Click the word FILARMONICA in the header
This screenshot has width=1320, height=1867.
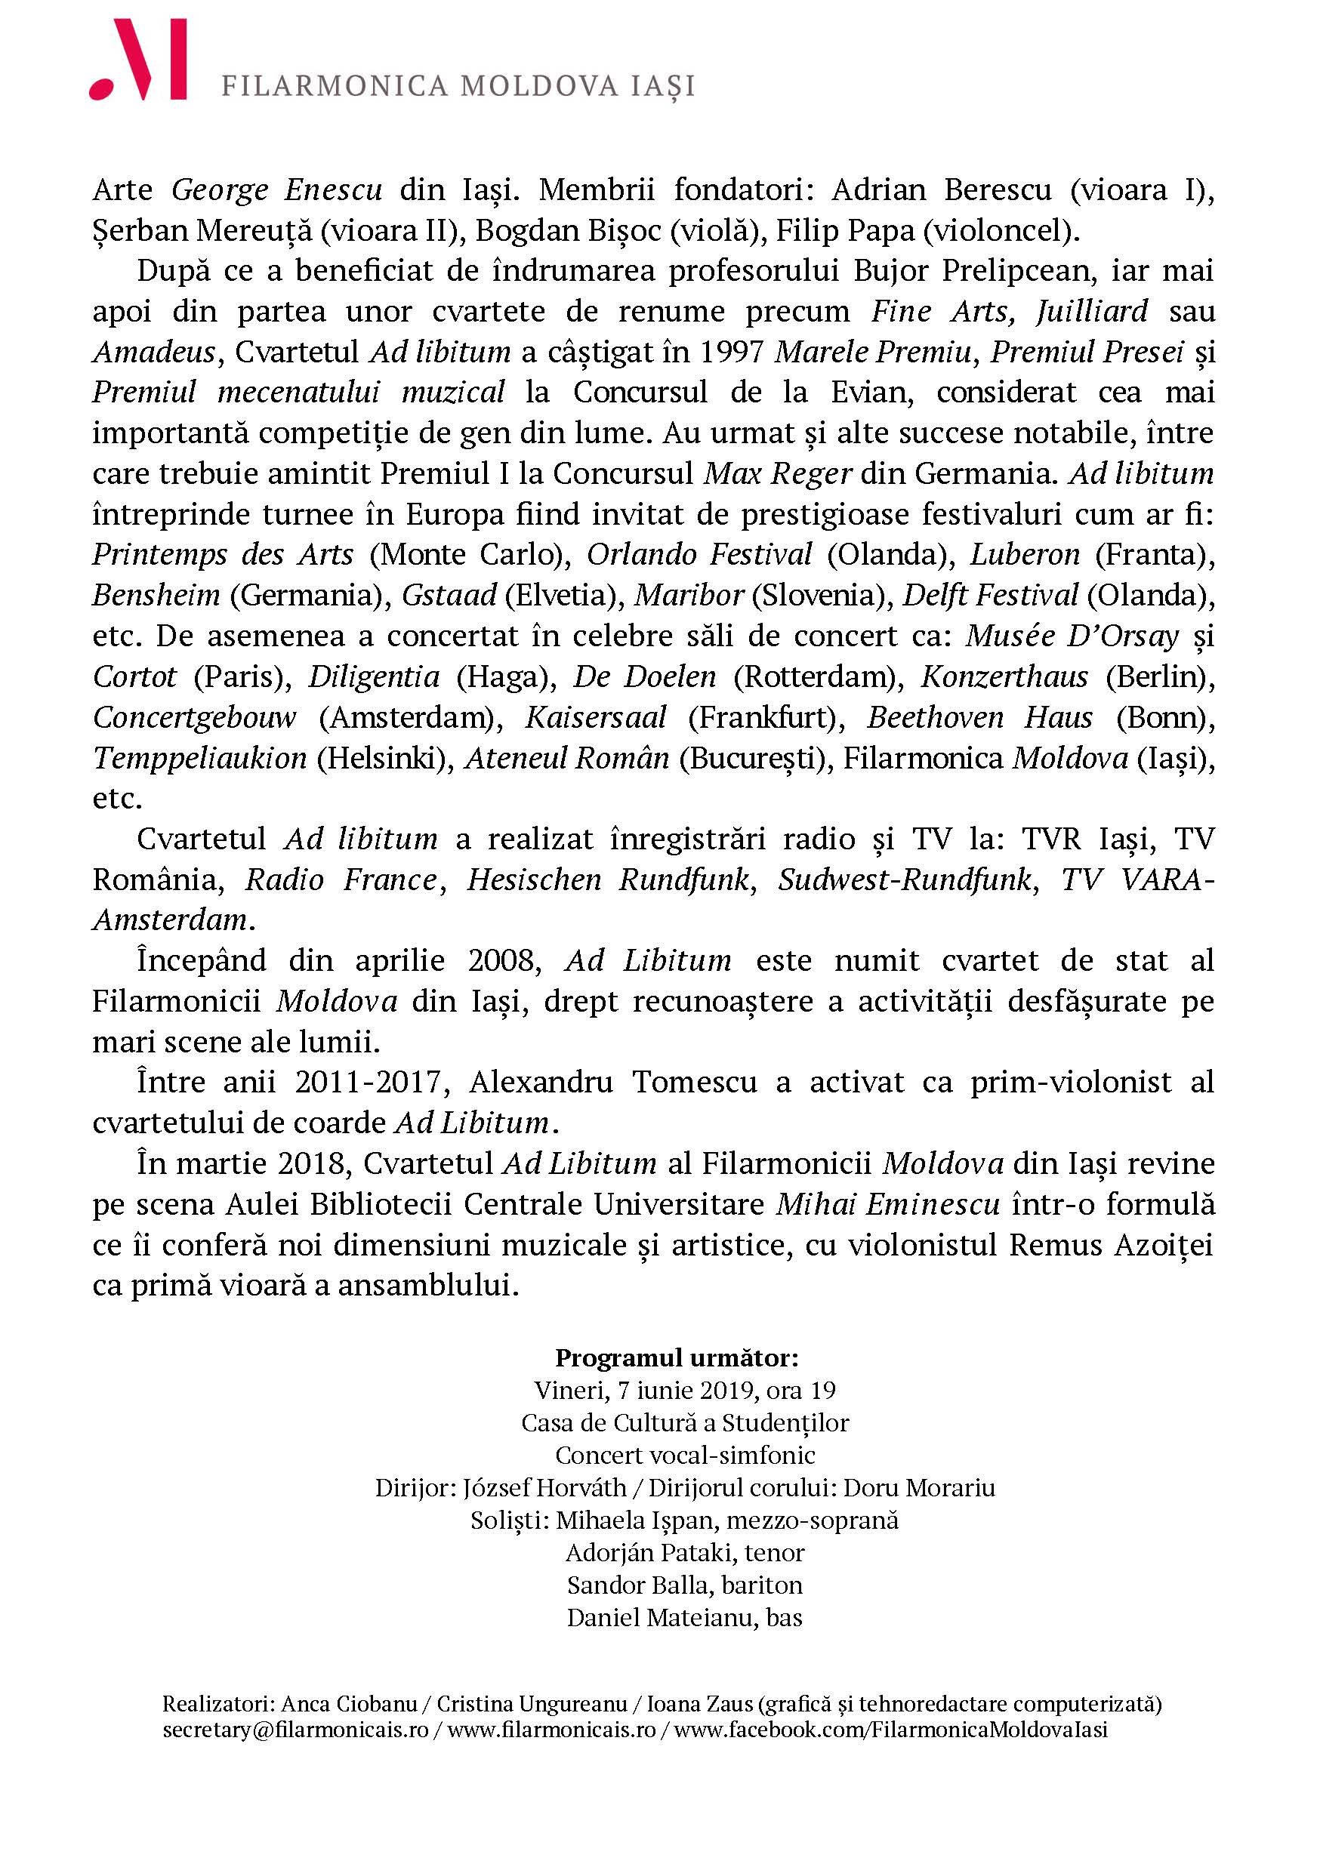point(335,86)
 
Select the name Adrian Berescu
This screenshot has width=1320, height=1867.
point(941,189)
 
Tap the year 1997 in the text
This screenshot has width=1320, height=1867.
point(731,351)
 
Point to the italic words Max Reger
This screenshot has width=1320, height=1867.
point(778,473)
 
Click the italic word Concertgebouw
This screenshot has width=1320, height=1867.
point(194,717)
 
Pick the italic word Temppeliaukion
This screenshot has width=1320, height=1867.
point(199,758)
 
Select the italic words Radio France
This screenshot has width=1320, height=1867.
point(341,880)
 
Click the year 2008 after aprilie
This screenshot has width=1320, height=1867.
point(504,960)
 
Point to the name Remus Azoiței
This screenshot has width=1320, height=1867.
point(1110,1245)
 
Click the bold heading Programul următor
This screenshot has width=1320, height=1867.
point(677,1359)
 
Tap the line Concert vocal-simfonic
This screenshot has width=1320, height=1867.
point(685,1456)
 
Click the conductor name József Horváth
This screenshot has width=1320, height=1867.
point(545,1488)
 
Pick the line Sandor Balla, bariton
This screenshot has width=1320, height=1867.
point(685,1585)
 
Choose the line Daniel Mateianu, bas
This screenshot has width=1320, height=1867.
point(685,1617)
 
